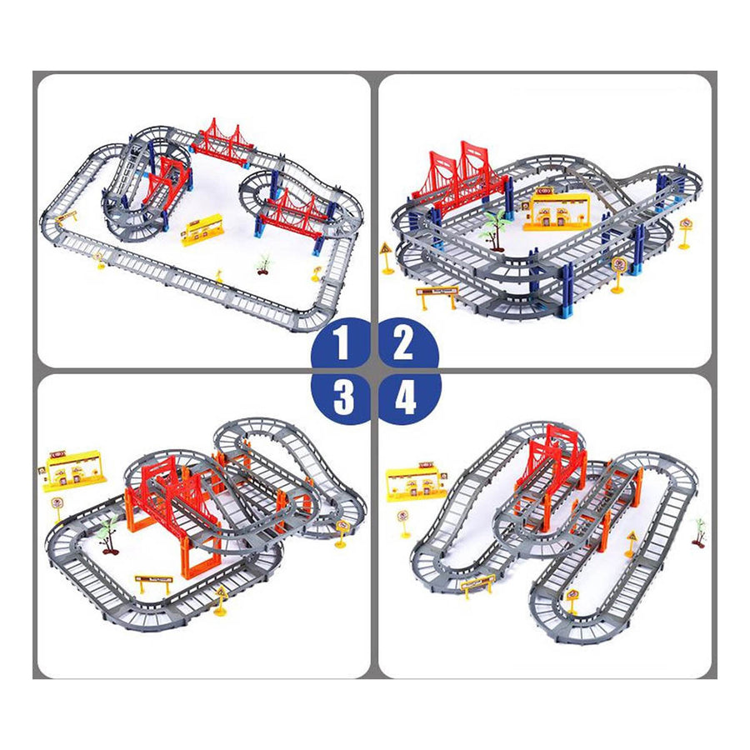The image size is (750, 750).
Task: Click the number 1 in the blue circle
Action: point(342,343)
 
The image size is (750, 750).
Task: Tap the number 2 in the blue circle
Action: point(404,343)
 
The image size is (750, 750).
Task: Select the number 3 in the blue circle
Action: point(342,397)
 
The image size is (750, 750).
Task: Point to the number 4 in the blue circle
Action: point(405,397)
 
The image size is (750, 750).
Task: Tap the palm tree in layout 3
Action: point(107,533)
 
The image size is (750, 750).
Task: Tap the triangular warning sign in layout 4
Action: point(631,540)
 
